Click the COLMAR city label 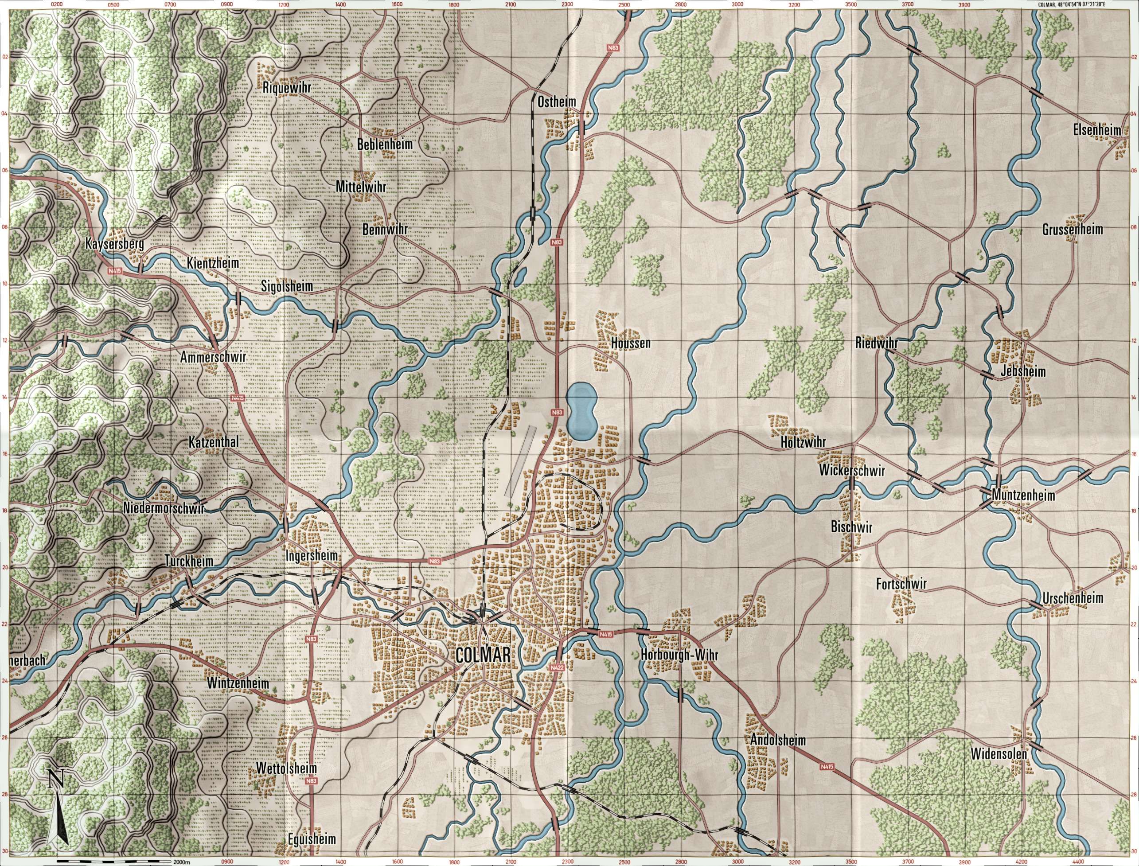tap(484, 655)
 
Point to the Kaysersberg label tap(114, 243)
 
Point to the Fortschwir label tap(901, 584)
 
